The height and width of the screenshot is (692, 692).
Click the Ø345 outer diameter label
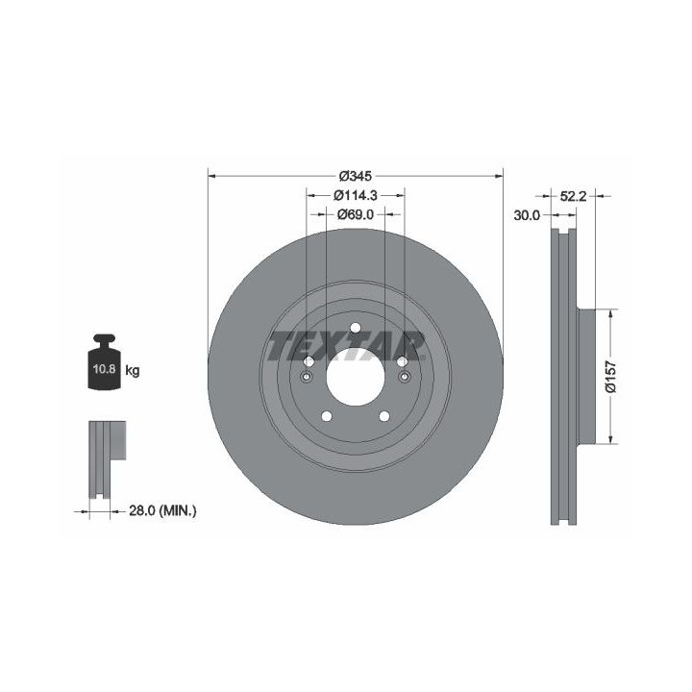[x=356, y=176]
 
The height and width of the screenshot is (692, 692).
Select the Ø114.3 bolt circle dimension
[x=356, y=194]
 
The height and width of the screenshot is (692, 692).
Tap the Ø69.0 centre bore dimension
[x=356, y=214]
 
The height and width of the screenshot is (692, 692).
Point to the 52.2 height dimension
[x=573, y=196]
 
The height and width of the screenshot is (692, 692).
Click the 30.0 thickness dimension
[x=527, y=215]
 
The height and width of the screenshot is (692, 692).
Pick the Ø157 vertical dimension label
[x=611, y=377]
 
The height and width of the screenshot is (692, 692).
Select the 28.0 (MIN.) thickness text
[x=162, y=511]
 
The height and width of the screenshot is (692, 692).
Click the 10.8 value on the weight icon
[x=104, y=369]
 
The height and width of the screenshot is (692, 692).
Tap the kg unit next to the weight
[x=133, y=370]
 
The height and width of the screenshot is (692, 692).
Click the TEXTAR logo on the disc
[x=347, y=346]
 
